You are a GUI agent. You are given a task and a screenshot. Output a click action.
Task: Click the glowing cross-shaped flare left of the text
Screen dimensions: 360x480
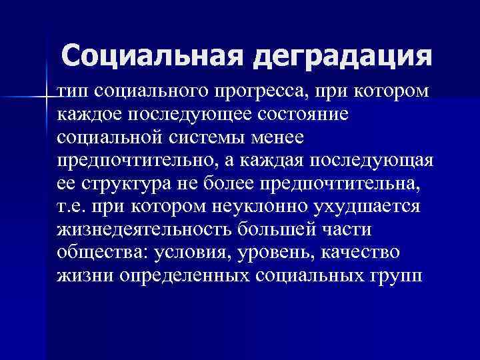tap(47, 97)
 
